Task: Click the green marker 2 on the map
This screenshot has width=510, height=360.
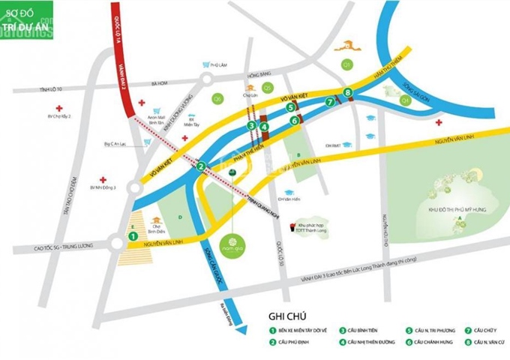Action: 201,166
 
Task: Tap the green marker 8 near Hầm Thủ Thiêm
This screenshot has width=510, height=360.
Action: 346,93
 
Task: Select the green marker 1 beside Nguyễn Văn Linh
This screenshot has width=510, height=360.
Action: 133,235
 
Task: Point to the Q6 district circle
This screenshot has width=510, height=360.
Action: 218,98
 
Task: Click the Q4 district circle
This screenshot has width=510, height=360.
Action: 406,98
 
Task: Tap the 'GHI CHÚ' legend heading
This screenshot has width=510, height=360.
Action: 289,316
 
